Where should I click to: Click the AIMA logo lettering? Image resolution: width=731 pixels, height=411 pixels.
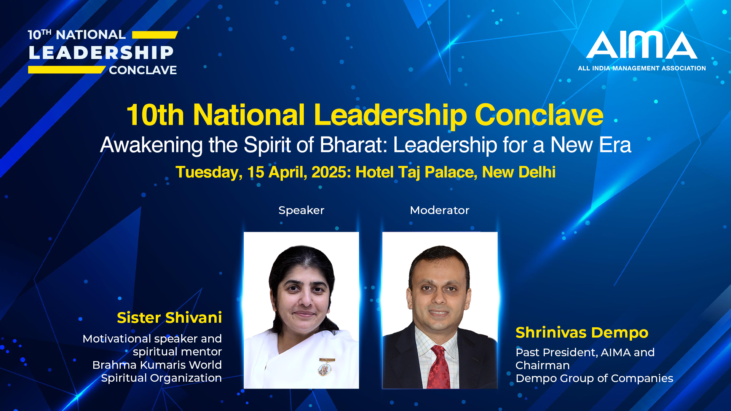coord(642,45)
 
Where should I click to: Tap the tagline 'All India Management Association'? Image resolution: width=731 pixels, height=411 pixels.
coord(642,68)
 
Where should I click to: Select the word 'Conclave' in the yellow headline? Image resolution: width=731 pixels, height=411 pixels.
coord(539,115)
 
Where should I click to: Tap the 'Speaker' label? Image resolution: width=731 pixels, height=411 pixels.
coord(301,210)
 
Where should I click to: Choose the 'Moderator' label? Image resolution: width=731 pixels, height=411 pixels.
coord(440,210)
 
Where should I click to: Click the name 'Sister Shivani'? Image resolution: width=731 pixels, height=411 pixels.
coord(169,317)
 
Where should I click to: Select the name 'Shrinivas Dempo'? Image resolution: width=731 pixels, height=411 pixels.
coord(582,333)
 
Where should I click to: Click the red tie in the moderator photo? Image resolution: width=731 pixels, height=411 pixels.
coord(439,367)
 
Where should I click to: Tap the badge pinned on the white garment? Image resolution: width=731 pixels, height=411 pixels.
coord(326,366)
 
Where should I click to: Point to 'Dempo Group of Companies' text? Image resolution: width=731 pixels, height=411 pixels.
coord(594,379)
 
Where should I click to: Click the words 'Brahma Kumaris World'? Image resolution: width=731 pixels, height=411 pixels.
coord(157,365)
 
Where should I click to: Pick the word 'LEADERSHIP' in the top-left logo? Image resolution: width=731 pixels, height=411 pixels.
coord(101,53)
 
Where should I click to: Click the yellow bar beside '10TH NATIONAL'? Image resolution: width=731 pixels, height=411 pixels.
coord(155,35)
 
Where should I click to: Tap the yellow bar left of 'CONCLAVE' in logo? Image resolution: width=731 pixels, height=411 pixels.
coord(67,70)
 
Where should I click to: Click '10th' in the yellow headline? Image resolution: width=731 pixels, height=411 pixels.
coord(155,115)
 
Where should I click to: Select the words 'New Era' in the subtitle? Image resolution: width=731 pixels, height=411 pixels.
coord(591,145)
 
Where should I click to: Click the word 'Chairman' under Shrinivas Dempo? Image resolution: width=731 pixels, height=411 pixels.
coord(543,365)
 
